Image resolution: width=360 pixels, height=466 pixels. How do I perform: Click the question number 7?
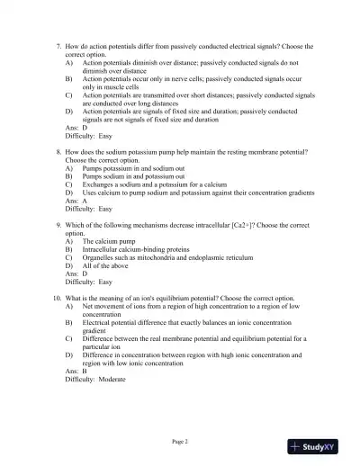tap(58, 46)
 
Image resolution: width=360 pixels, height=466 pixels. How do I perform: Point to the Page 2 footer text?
tap(179, 441)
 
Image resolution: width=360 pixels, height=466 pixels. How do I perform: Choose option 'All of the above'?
tap(106, 265)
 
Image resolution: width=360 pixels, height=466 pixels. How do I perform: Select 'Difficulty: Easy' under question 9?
tap(88, 281)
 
